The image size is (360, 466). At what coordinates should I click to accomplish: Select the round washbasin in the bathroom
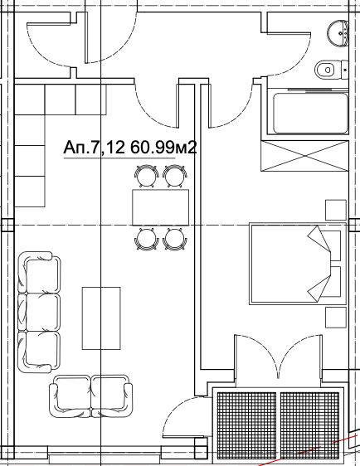coord(338,32)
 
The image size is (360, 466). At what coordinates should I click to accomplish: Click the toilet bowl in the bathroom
coord(331,70)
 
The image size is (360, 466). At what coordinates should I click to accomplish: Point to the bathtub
coord(310,114)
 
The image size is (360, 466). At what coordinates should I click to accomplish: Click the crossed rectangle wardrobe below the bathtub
coord(304,156)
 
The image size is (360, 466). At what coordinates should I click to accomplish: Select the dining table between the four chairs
coord(161,207)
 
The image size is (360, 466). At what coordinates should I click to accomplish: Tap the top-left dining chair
coord(147,177)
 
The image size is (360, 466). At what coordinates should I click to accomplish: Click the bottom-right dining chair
coord(175,240)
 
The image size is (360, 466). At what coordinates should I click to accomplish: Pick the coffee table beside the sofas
coord(101,318)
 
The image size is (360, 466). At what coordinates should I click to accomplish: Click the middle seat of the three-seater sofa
coord(39,312)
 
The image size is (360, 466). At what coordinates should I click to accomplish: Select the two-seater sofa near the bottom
coord(91,396)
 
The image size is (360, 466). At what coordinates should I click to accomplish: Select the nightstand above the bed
coord(336,210)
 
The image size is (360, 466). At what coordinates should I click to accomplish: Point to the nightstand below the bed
coord(336,318)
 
